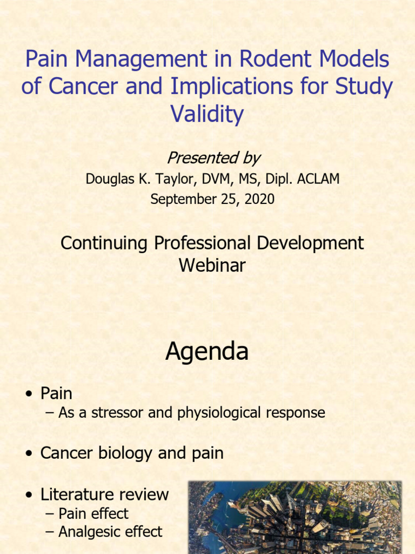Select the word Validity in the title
coord(207,114)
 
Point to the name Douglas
coord(110,179)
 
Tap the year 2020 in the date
coord(259,199)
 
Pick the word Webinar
coord(212,265)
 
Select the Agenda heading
coord(207,352)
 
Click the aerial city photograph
coord(294,517)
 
